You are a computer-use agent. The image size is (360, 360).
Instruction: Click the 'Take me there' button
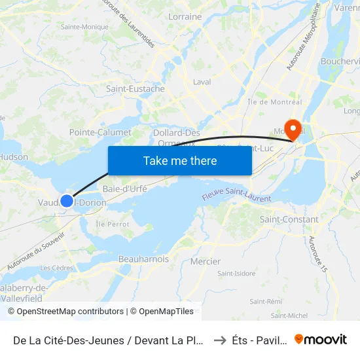(x=180, y=160)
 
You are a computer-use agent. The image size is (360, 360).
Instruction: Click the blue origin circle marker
(x=67, y=201)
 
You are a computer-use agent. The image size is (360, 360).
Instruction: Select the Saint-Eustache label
(x=135, y=89)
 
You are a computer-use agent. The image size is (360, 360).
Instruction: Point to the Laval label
(x=202, y=82)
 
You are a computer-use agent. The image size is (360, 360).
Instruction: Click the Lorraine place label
(x=185, y=17)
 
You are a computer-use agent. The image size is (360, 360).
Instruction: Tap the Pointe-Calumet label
(x=100, y=132)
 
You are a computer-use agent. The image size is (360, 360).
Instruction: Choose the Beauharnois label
(x=143, y=259)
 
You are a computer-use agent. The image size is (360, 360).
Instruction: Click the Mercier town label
(x=205, y=261)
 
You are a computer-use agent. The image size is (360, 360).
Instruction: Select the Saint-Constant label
(x=289, y=219)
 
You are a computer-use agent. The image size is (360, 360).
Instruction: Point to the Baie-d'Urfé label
(x=125, y=189)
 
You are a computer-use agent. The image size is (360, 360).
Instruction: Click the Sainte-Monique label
(x=84, y=27)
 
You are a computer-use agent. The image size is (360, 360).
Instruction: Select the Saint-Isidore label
(x=236, y=274)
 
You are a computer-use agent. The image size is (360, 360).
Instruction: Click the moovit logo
(x=321, y=339)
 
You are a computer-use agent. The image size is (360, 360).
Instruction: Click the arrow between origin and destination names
(x=220, y=340)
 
